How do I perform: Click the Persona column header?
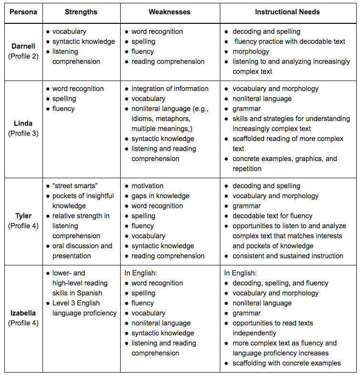coord(23,11)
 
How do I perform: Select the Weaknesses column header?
coord(170,11)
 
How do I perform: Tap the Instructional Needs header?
coord(288,11)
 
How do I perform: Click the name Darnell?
coord(23,46)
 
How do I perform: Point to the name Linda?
coord(23,123)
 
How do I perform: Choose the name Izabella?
coord(23,313)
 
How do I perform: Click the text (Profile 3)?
coord(23,133)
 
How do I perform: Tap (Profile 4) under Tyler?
coord(23,226)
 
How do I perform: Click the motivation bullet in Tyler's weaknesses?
coord(147,186)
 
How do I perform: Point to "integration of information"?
coord(170,89)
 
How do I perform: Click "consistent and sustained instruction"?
coord(288,256)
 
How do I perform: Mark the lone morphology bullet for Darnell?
coord(251,51)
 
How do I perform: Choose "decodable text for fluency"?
coord(272,216)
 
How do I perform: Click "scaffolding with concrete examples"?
coord(287,363)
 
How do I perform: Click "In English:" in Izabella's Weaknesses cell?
coord(141,273)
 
